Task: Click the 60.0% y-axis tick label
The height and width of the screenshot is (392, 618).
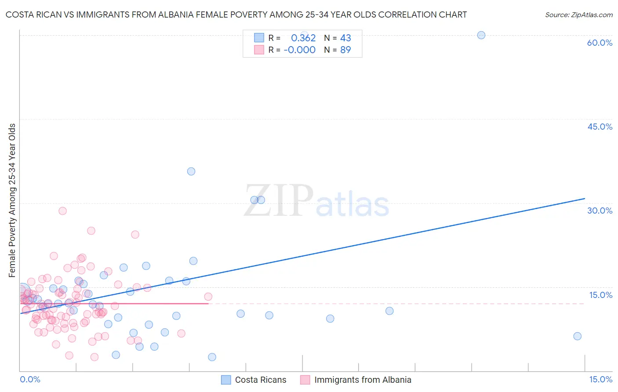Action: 600,43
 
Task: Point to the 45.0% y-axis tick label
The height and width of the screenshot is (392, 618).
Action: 600,127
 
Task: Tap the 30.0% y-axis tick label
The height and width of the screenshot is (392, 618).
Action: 600,211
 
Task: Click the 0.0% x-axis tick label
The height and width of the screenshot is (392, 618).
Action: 30,379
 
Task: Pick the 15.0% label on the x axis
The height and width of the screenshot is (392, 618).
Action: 600,379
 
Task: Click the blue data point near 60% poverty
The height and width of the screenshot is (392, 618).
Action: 481,35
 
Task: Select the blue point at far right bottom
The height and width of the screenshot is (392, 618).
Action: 578,336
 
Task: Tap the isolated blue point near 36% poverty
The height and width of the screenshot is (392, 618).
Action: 191,171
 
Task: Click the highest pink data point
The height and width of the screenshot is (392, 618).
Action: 63,211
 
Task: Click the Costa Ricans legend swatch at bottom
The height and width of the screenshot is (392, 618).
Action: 226,380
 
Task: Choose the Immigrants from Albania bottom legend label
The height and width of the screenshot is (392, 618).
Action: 363,380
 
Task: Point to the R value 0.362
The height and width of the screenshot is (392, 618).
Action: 303,38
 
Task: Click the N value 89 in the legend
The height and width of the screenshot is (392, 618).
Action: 345,50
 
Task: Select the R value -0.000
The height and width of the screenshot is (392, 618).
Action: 299,50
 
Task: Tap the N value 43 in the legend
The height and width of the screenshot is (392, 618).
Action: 345,38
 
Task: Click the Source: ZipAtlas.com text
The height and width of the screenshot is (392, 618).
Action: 578,15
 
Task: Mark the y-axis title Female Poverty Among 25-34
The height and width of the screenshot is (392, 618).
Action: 12,200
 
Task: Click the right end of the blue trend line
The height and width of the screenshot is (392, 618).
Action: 585,199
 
